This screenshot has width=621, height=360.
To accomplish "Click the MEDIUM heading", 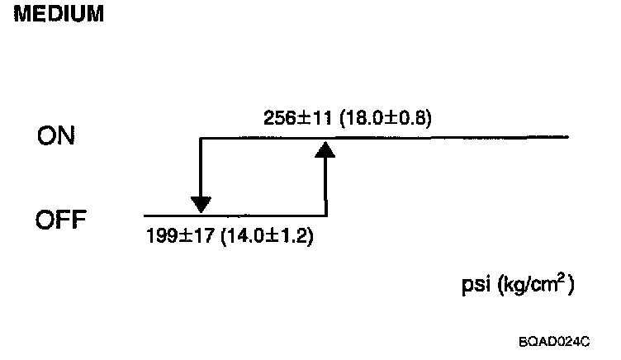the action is pyautogui.click(x=57, y=15).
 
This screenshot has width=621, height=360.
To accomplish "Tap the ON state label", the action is pyautogui.click(x=56, y=137).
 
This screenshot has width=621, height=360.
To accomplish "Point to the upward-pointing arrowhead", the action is pyautogui.click(x=326, y=148).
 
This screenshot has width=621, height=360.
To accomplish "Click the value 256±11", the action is pyautogui.click(x=291, y=118).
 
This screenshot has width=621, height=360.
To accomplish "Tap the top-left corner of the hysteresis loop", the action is pyautogui.click(x=201, y=137).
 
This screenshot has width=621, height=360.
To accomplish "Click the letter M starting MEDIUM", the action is pyautogui.click(x=21, y=15).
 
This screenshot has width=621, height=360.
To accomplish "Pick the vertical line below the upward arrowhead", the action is pyautogui.click(x=326, y=186).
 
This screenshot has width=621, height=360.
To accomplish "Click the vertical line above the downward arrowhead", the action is pyautogui.click(x=201, y=165).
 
